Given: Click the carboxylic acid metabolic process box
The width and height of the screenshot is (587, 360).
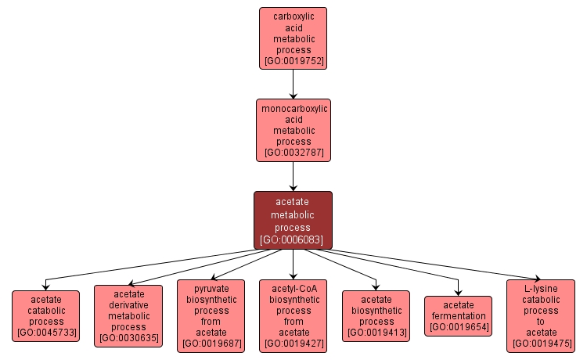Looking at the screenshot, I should pos(293,38).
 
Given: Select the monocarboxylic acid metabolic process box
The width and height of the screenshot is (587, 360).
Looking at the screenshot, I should pos(293,130).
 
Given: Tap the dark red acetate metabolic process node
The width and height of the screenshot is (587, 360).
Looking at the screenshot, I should pos(293,220).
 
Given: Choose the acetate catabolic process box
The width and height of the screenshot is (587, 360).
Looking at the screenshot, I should pos(46,316).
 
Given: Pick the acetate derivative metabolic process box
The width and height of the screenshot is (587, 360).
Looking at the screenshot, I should pos(128,316).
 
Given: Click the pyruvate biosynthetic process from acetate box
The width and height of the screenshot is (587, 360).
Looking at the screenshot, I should pos(211,315).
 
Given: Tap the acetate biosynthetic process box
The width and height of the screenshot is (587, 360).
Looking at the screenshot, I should pos(376,316).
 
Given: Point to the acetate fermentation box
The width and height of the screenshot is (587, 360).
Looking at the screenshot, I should pos(458,316).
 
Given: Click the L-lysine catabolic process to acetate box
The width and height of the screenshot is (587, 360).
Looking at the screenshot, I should pos(540,315).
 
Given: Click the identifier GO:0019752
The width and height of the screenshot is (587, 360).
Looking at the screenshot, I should pos(293,60).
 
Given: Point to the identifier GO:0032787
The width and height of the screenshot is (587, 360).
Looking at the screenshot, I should pos(293,153).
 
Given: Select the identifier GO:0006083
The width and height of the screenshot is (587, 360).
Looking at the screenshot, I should pos(293,239).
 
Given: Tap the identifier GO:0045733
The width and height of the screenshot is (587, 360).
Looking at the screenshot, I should pos(46,333).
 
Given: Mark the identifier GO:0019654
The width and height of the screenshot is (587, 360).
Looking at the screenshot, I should pos(458,327).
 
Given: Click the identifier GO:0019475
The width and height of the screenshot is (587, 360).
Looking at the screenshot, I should pos(540,343).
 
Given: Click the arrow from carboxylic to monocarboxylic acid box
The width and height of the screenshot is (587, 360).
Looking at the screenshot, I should pos(293,83).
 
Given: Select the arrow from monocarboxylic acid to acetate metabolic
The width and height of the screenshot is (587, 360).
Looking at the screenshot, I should pos(293,176).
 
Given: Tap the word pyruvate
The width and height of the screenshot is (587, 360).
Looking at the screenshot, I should pos(211,288).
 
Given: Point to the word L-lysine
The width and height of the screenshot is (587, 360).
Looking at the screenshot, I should pos(540,288).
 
